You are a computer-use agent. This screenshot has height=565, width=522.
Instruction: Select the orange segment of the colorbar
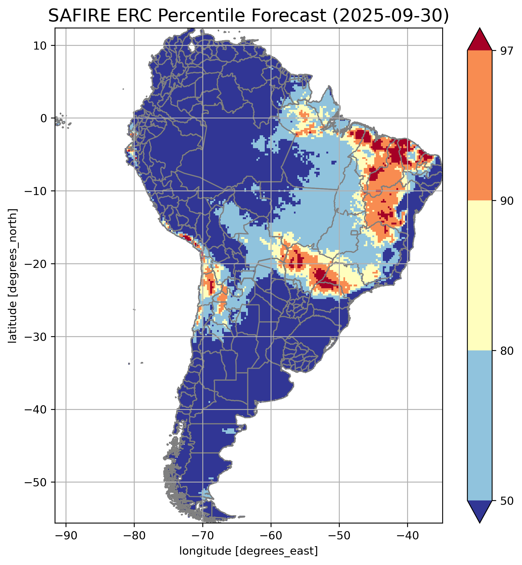pos(480,126)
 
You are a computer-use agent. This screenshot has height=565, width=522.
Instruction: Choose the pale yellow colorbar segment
pos(480,276)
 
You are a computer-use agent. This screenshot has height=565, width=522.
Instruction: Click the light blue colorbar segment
pos(480,425)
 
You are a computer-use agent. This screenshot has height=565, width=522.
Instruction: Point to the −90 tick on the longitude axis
pos(66,536)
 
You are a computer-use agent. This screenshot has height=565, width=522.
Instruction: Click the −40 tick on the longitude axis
pos(407,536)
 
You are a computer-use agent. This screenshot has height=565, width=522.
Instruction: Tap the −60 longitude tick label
pos(271,536)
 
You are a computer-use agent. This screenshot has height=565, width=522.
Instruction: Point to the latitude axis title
pos(13,276)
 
